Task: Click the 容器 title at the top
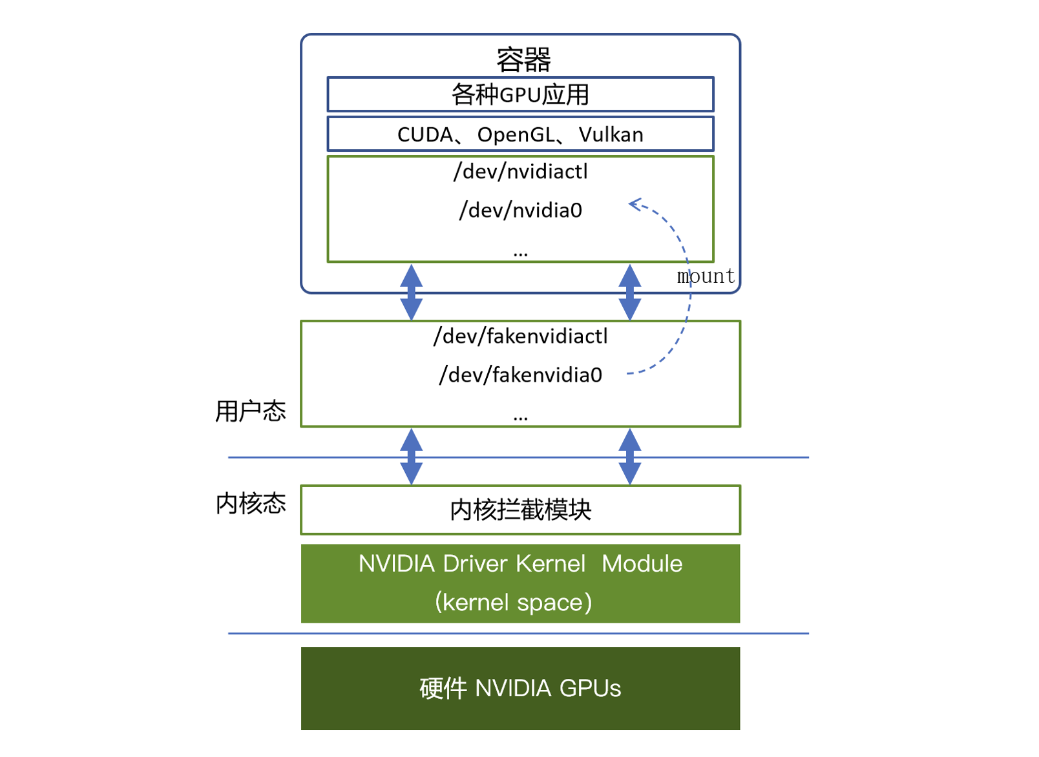[x=523, y=60]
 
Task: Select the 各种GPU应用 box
[x=520, y=95]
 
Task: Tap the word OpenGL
[x=516, y=135]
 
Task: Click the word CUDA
[x=425, y=135]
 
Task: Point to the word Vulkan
[x=611, y=135]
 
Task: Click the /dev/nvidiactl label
[x=520, y=172]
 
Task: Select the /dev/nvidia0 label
[x=520, y=211]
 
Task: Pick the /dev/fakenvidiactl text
[x=520, y=337]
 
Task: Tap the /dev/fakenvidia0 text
[x=520, y=375]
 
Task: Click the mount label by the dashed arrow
[x=706, y=276]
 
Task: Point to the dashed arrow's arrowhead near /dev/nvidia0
[x=633, y=204]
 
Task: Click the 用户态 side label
[x=251, y=411]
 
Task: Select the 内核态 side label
[x=251, y=504]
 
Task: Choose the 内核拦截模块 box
[x=520, y=510]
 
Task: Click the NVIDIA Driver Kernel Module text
[x=520, y=564]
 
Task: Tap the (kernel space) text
[x=514, y=603]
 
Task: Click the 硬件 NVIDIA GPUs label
[x=520, y=689]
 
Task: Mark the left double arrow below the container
[x=411, y=292]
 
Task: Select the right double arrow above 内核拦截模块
[x=629, y=457]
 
